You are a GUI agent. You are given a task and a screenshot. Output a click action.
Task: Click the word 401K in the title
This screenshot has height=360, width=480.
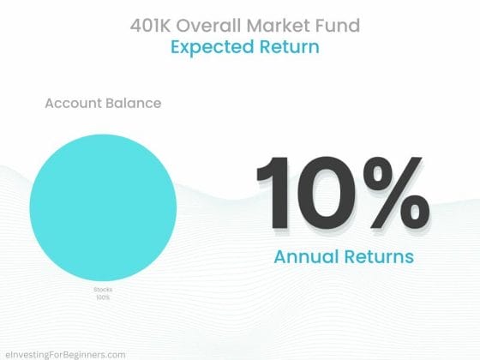[150, 25]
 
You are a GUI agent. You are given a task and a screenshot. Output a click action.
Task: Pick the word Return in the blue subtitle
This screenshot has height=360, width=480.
[290, 47]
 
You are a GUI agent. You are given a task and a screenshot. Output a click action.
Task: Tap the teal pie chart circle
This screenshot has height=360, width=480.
[103, 207]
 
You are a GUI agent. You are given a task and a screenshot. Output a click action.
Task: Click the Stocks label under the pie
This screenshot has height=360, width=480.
[103, 290]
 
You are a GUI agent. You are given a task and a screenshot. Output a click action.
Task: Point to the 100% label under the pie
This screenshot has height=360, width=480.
[103, 297]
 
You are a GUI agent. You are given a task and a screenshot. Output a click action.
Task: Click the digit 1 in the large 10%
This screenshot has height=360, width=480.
[273, 193]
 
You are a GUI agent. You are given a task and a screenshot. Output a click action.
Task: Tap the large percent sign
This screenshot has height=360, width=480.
[396, 193]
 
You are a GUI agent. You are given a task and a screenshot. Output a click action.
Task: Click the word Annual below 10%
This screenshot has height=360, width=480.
[306, 256]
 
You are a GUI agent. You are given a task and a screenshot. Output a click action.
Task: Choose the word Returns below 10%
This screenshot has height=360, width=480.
[379, 256]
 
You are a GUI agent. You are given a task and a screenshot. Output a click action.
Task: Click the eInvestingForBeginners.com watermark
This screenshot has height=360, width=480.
[65, 355]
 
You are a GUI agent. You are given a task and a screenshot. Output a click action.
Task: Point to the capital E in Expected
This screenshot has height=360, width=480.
[175, 47]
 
